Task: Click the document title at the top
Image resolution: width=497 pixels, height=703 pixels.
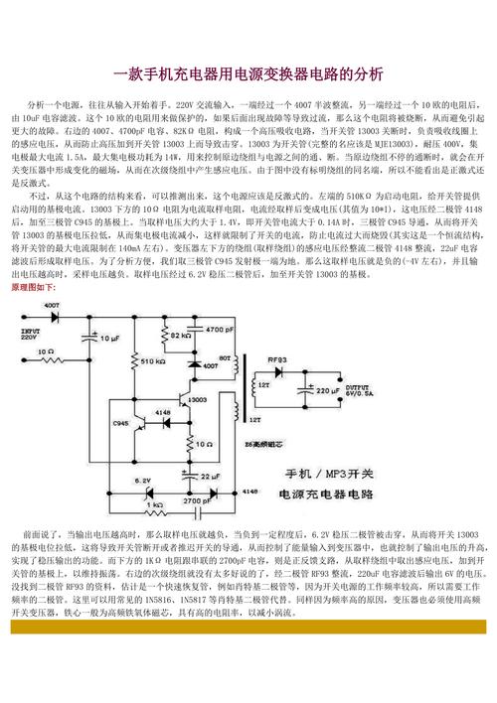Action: (x=248, y=74)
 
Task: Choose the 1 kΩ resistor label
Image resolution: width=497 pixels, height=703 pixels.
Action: (x=155, y=504)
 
